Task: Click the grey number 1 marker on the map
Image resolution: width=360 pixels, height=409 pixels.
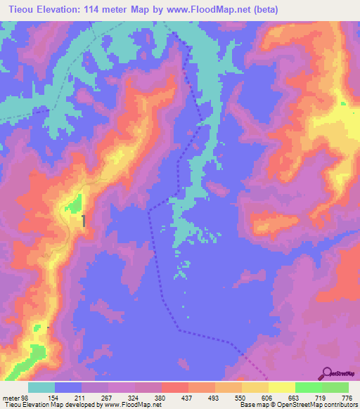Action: pyautogui.click(x=84, y=221)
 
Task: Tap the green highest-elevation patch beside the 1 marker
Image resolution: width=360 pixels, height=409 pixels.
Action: pyautogui.click(x=73, y=204)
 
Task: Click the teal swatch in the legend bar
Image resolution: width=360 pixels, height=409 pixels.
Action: pyautogui.click(x=41, y=387)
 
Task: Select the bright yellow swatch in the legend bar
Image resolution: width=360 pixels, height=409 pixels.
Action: pyautogui.click(x=281, y=387)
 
